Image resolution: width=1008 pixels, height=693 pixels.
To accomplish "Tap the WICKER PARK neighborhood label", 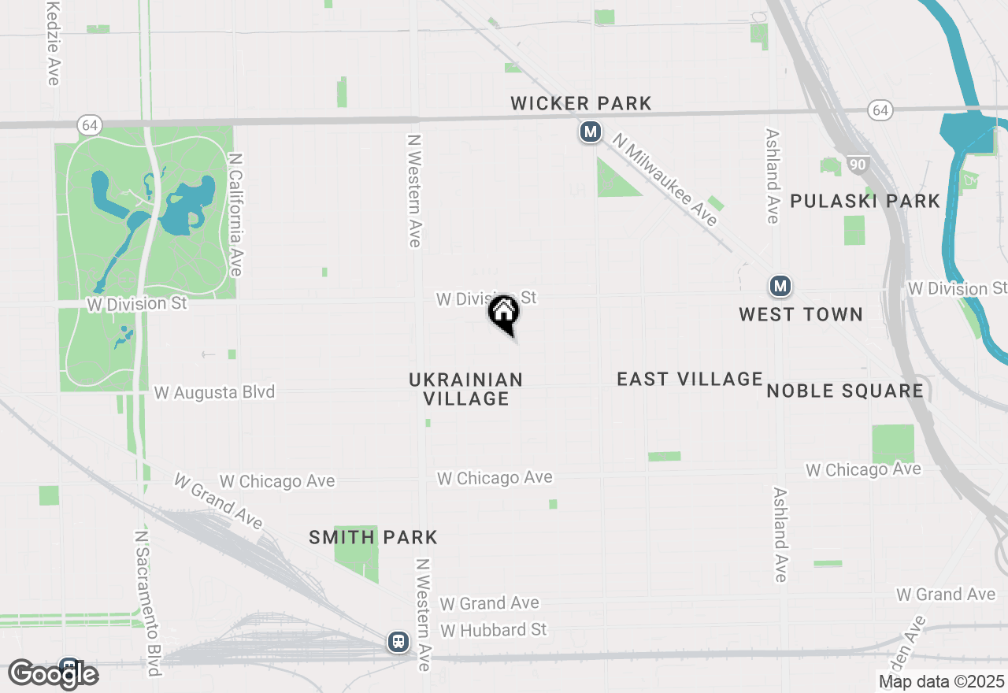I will click(581, 103).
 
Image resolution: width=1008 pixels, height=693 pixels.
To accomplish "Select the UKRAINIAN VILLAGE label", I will click(466, 389).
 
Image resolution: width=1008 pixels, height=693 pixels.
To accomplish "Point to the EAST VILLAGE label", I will click(690, 379).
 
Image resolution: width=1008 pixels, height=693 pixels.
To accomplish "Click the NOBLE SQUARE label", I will click(845, 391).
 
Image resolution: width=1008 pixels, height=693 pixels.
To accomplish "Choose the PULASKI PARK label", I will click(865, 201).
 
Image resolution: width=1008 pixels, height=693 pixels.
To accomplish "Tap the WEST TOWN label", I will click(801, 314).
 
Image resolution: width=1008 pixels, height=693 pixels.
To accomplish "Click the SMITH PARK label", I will click(373, 538).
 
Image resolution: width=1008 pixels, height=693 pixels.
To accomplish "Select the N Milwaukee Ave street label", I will click(665, 180).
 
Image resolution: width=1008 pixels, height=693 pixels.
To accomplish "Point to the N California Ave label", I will click(235, 214).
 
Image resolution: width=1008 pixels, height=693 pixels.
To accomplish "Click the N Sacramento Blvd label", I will click(147, 602).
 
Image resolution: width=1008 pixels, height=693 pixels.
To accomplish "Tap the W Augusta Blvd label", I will click(214, 391).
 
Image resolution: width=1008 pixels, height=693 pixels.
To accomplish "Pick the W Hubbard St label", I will click(494, 630).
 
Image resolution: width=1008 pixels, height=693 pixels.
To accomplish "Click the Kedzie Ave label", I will click(53, 43).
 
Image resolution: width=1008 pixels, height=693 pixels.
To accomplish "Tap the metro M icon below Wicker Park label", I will click(591, 132).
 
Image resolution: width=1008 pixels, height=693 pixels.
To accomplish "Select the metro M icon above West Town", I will click(780, 285).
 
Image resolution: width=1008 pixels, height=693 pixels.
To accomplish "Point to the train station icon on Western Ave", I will click(399, 641).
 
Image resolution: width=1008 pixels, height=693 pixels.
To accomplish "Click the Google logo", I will click(54, 674).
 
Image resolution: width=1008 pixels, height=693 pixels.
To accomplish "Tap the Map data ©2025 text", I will click(941, 681).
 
